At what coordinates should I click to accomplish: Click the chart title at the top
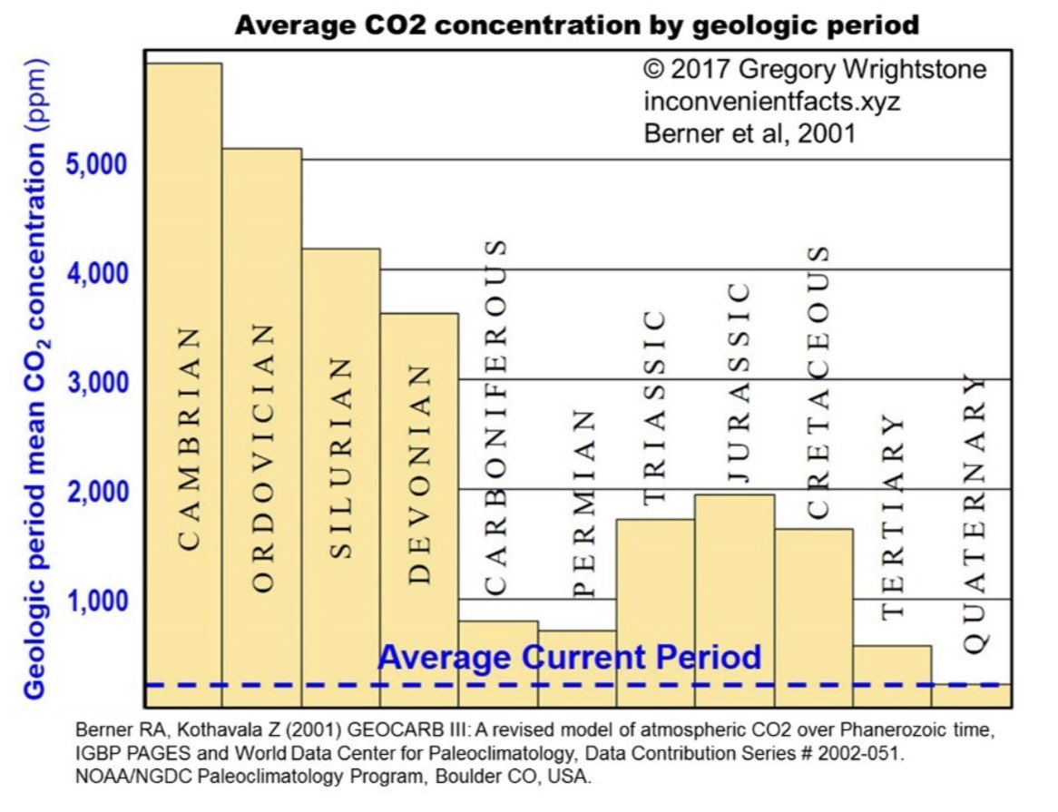[x=576, y=24]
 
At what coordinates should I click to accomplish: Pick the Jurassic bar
[x=734, y=599]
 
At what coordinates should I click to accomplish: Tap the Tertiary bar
[x=892, y=676]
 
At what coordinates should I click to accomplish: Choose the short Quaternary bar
[x=971, y=695]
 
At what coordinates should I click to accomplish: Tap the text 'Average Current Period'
[x=569, y=656]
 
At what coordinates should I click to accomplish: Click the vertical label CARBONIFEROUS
[x=495, y=417]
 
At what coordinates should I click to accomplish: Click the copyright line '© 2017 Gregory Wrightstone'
[x=814, y=71]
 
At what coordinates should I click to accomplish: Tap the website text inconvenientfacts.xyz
[x=771, y=102]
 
